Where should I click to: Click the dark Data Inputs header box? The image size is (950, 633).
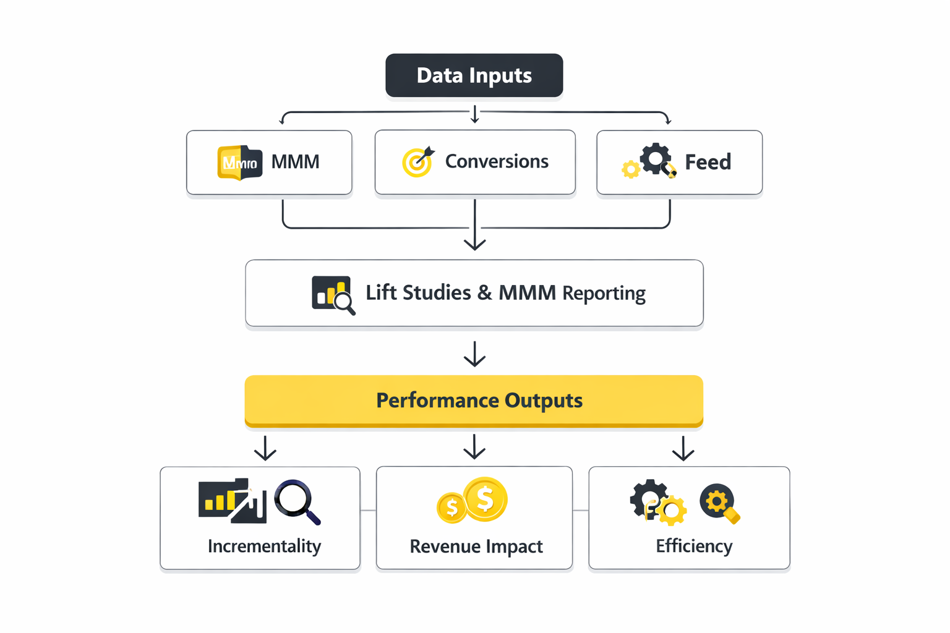[474, 75]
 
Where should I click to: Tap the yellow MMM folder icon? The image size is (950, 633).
[239, 163]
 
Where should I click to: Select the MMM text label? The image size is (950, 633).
[295, 162]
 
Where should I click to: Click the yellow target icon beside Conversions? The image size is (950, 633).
[417, 162]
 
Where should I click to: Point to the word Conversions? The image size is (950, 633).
[497, 161]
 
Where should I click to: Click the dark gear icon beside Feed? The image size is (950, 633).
[655, 159]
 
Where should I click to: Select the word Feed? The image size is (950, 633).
[708, 162]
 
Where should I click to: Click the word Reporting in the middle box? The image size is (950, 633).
[604, 293]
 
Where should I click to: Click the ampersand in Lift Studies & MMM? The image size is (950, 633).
[485, 292]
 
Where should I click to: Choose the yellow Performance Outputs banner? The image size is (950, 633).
[474, 400]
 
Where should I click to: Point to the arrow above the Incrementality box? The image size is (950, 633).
[265, 449]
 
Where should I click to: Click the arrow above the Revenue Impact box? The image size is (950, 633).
[474, 447]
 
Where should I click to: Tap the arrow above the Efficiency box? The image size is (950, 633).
[683, 449]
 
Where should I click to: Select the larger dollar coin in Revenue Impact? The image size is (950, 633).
[486, 498]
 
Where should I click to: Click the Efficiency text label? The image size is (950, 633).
[694, 546]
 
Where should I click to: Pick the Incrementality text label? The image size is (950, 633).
[264, 546]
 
